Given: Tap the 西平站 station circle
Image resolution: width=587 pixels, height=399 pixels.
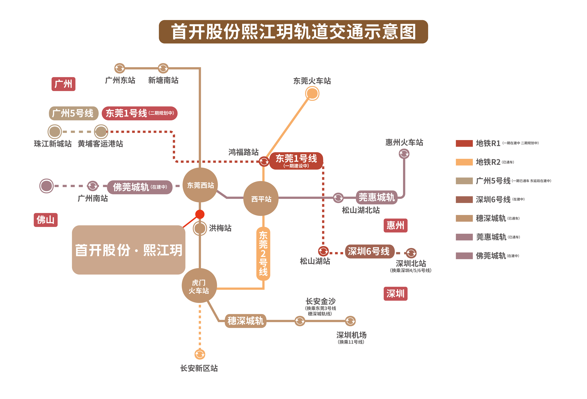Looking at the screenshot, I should [x=261, y=199].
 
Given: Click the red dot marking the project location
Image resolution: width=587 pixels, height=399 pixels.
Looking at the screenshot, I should [x=200, y=214].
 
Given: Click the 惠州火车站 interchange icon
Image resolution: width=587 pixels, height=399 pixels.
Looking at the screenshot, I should [x=404, y=154].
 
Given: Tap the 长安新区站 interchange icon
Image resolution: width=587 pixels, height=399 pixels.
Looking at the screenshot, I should [x=200, y=354].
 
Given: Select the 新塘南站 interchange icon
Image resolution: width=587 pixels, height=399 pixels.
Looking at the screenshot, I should [x=163, y=68].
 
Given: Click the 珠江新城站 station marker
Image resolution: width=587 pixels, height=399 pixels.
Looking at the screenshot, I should [x=55, y=132].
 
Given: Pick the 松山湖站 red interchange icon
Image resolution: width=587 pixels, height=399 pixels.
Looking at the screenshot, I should [x=323, y=251].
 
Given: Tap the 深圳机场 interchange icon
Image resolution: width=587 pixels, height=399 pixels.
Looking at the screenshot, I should [x=350, y=321].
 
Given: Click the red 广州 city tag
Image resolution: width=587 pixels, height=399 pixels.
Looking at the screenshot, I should [x=63, y=84].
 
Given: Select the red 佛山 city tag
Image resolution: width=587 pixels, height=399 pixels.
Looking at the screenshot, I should [x=46, y=220].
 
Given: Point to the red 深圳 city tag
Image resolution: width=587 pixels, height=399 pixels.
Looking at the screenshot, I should [x=395, y=294].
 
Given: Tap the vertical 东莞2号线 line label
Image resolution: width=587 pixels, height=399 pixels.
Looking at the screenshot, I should [x=263, y=253].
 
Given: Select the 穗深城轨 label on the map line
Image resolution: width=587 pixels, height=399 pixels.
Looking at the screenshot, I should [x=246, y=321].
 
